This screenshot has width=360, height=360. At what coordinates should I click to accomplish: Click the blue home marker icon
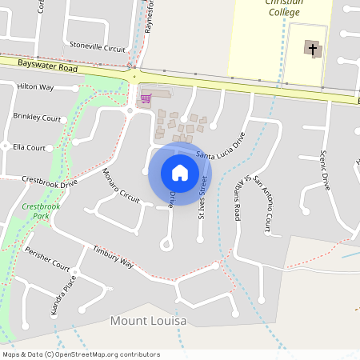[180, 173]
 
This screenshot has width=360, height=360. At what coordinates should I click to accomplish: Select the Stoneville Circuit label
[98, 46]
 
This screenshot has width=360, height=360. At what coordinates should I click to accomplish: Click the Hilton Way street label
[35, 86]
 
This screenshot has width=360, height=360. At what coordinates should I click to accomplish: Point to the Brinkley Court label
[37, 118]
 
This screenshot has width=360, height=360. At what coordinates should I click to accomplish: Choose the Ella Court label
[29, 147]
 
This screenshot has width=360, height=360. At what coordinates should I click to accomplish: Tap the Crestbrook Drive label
[50, 182]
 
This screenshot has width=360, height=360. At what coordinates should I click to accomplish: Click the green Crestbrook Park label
[35, 211]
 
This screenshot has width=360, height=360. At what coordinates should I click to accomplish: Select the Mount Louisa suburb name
[148, 321]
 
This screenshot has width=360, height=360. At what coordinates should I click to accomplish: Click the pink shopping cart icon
[146, 98]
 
